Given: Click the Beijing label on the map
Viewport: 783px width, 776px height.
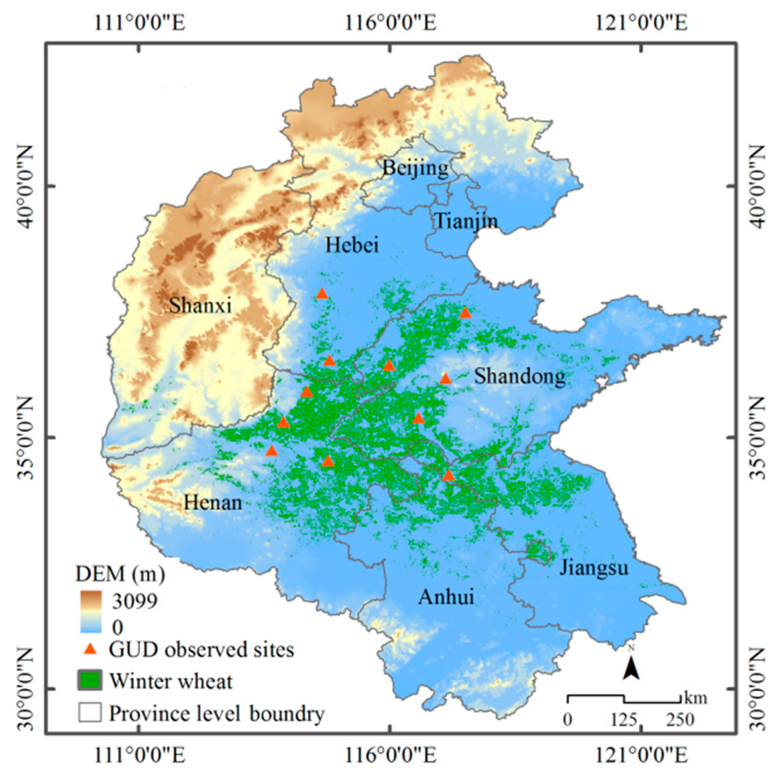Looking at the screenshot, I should pyautogui.click(x=415, y=168).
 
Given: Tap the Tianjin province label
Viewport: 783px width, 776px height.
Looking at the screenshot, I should pyautogui.click(x=466, y=221).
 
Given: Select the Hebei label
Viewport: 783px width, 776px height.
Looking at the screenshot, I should pyautogui.click(x=352, y=245).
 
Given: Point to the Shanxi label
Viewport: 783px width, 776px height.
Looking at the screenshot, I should pyautogui.click(x=200, y=305).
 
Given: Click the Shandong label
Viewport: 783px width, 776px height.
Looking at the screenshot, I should pyautogui.click(x=520, y=376).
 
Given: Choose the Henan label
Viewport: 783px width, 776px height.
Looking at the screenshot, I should pyautogui.click(x=213, y=502).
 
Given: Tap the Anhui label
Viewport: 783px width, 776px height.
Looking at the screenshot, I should pyautogui.click(x=446, y=597).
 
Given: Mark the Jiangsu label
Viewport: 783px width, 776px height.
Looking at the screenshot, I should pyautogui.click(x=594, y=568).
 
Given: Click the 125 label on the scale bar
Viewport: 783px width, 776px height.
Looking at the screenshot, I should pyautogui.click(x=624, y=719).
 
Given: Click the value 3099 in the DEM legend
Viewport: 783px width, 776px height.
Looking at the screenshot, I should pyautogui.click(x=135, y=601).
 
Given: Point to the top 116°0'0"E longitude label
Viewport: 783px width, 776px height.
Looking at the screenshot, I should pyautogui.click(x=390, y=22).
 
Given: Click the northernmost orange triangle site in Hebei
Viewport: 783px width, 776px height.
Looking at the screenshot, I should pyautogui.click(x=322, y=294).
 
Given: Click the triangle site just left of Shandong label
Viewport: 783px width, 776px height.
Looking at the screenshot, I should pyautogui.click(x=445, y=379).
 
